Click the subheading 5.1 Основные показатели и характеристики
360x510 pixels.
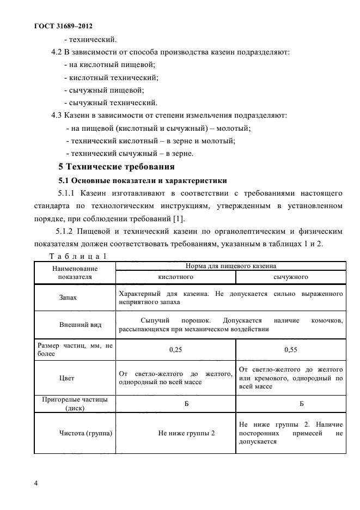[x=142, y=180]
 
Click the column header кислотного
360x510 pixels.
[x=175, y=277]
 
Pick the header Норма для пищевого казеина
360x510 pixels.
[x=231, y=266]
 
